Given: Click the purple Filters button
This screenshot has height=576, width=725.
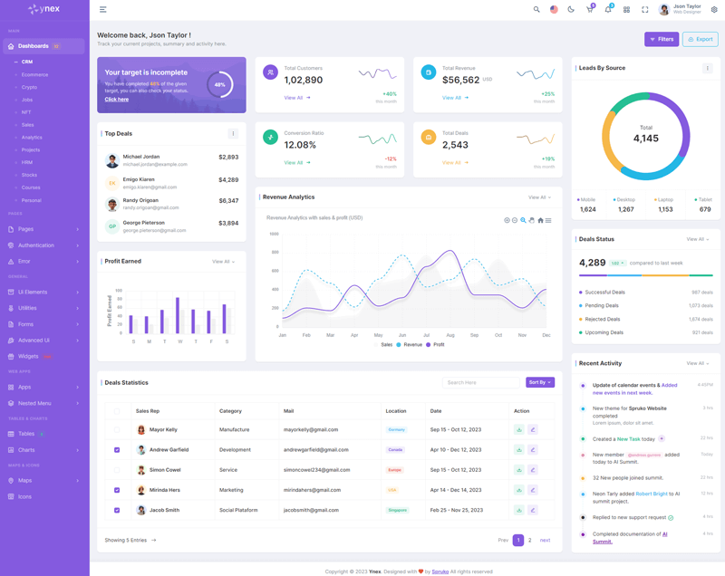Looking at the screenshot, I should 662,39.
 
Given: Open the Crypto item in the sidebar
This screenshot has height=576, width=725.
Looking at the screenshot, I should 30,87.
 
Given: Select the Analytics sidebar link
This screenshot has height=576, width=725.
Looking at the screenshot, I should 32,138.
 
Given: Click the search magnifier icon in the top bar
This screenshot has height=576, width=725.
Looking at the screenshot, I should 536,10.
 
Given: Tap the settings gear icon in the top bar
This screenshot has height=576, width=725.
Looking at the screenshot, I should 714,10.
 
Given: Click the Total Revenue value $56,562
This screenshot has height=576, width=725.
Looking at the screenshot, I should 461,80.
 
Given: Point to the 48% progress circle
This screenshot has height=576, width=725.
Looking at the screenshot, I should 219,85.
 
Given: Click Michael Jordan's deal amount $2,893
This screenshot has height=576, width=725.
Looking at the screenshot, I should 228,158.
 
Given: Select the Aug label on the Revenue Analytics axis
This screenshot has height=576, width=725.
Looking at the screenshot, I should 450,335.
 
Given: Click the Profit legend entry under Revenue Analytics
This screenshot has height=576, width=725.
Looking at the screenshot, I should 435,345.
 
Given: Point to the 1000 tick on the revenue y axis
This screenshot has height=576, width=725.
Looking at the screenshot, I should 274,234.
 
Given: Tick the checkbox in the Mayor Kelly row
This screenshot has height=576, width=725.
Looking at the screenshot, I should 117,429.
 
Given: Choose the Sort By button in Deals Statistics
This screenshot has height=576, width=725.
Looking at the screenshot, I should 540,382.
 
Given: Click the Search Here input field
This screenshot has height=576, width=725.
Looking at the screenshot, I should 481,382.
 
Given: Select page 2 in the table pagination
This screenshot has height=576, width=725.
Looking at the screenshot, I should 530,540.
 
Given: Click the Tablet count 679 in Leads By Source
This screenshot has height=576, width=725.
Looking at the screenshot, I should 705,209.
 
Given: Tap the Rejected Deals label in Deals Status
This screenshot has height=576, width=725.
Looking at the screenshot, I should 604,319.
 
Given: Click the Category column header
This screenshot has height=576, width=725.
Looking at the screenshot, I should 230,411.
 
